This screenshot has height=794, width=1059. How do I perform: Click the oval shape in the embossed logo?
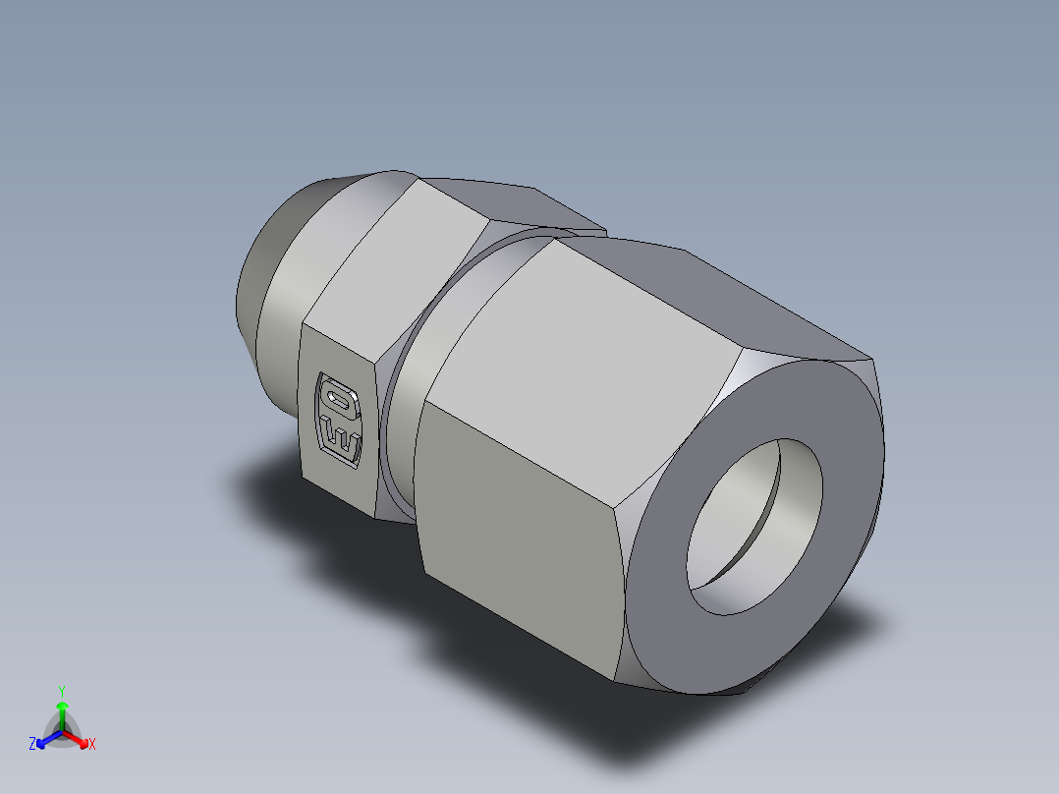coord(339,399)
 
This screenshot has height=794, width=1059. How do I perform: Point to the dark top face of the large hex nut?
coord(707,295)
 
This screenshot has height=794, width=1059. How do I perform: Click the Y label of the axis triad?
coord(62,690)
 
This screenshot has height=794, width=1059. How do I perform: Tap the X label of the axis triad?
coord(92,745)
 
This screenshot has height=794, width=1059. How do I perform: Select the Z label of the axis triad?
coord(32,745)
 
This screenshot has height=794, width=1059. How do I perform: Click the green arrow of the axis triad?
coord(62,712)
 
